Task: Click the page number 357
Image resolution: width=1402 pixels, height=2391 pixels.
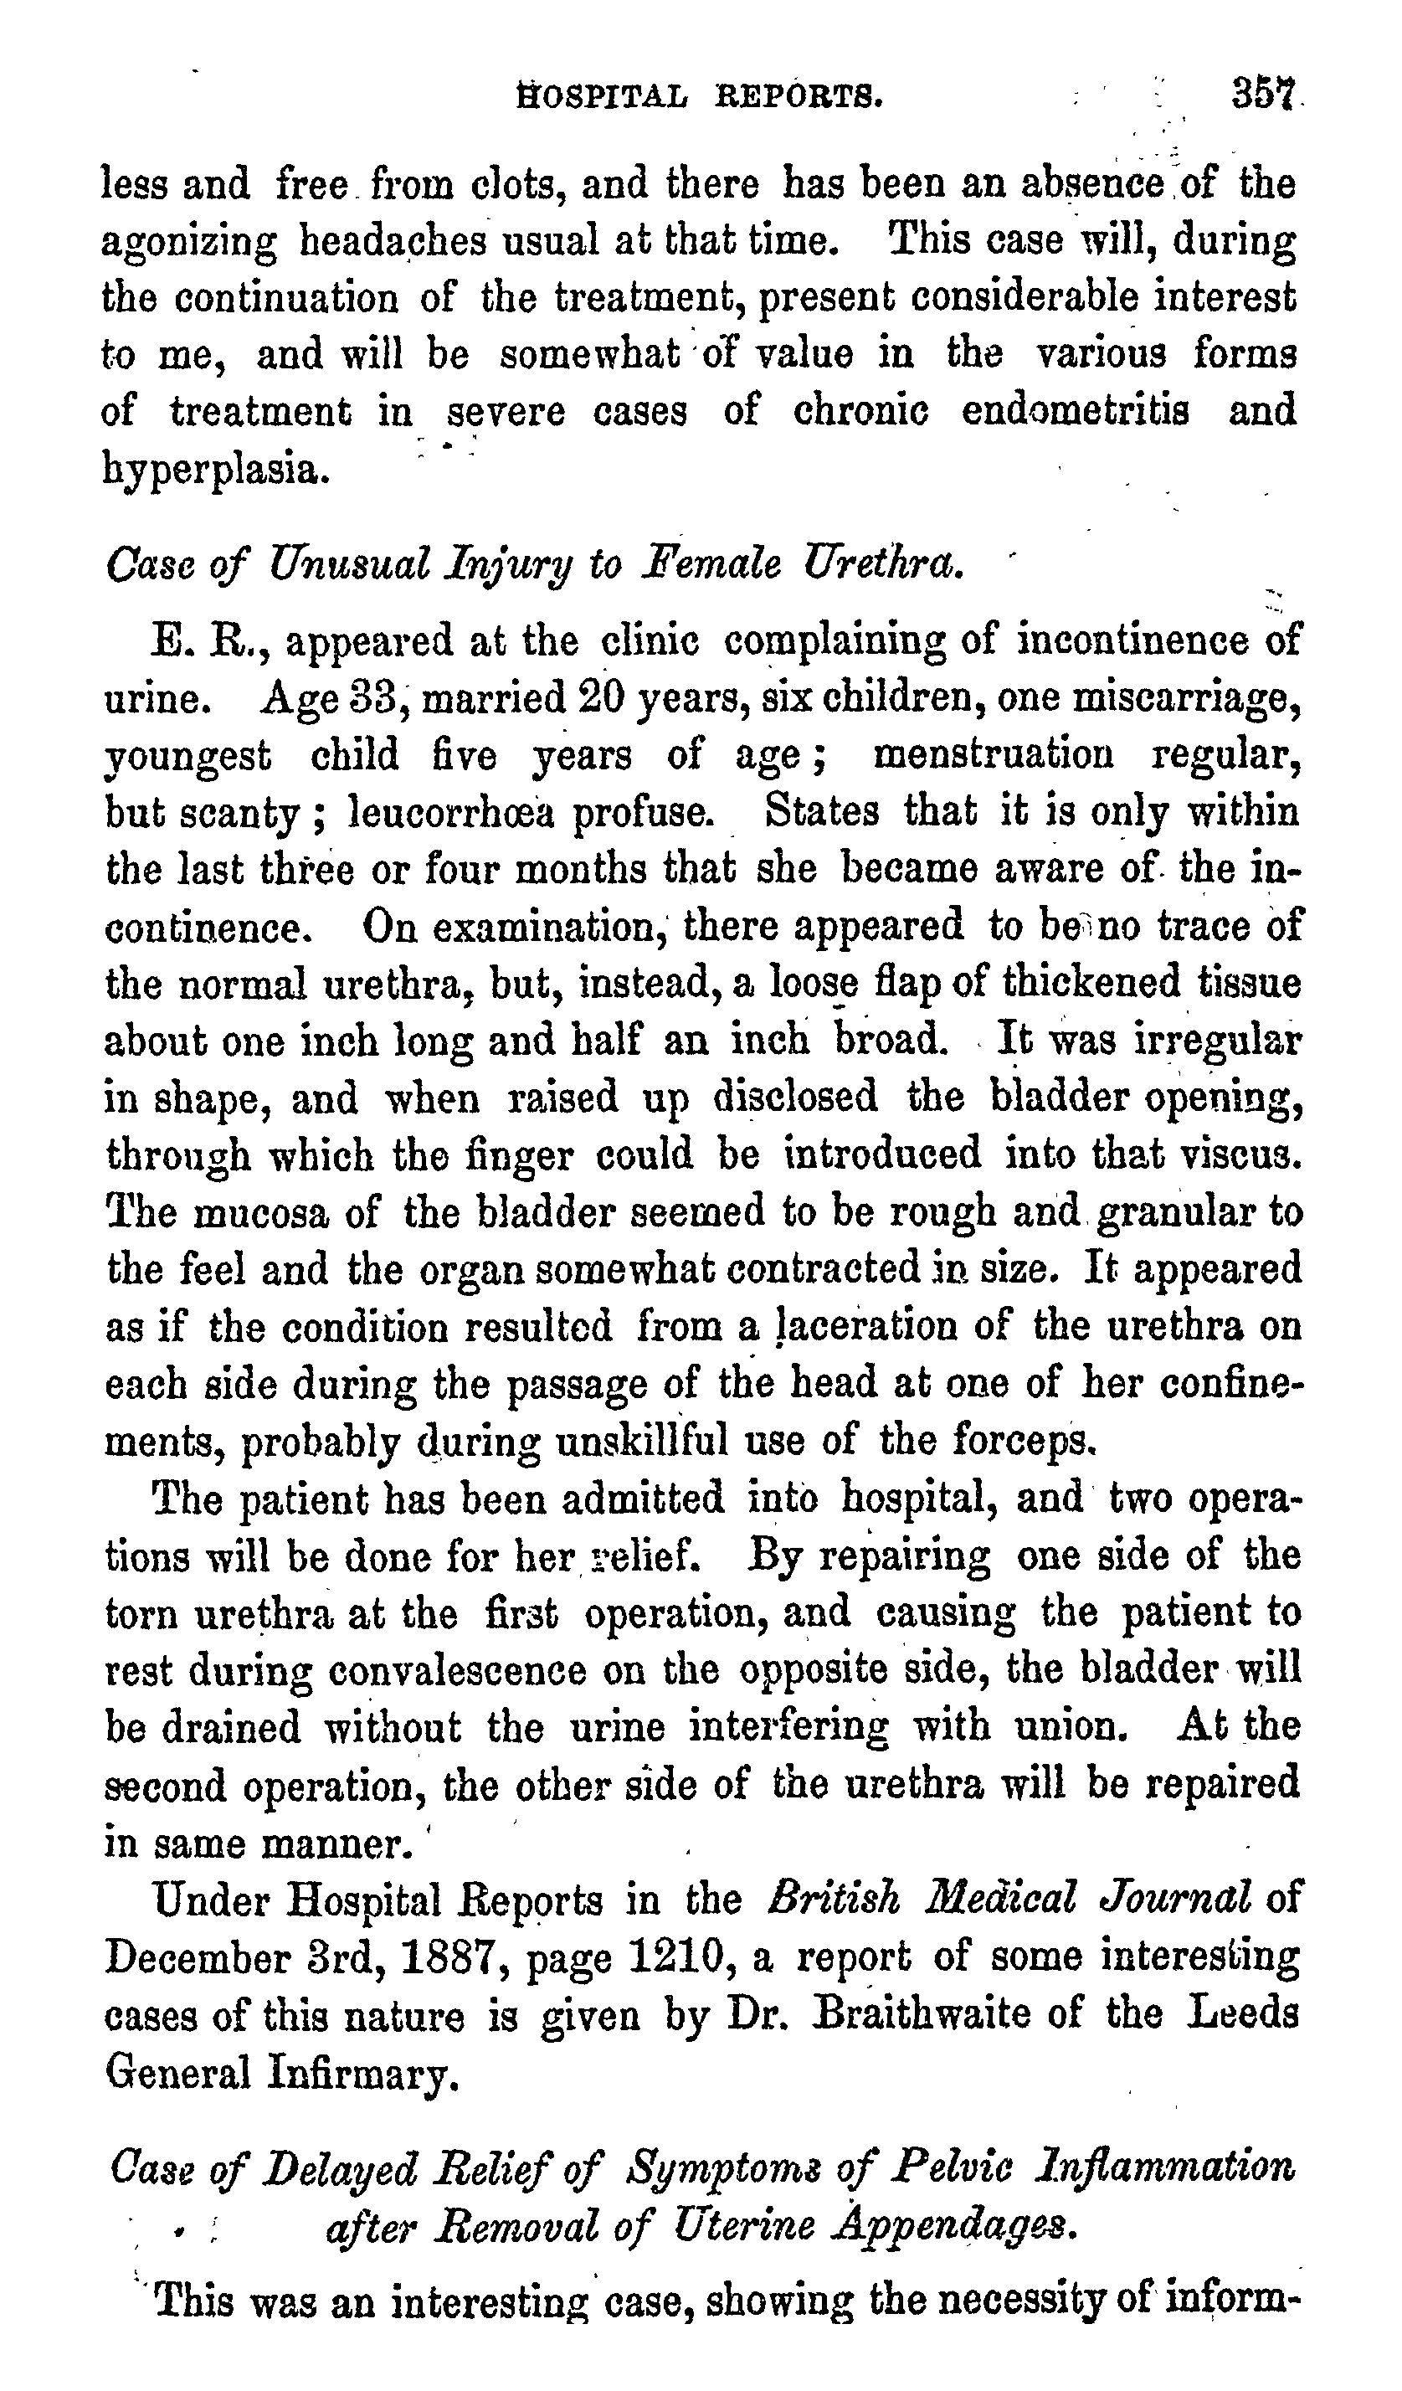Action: [x=1264, y=95]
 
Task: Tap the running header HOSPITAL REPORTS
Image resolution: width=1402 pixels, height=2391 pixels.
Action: [x=700, y=95]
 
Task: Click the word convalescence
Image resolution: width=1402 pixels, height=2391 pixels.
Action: [x=456, y=1670]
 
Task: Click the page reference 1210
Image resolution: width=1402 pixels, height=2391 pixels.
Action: [x=675, y=1957]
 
